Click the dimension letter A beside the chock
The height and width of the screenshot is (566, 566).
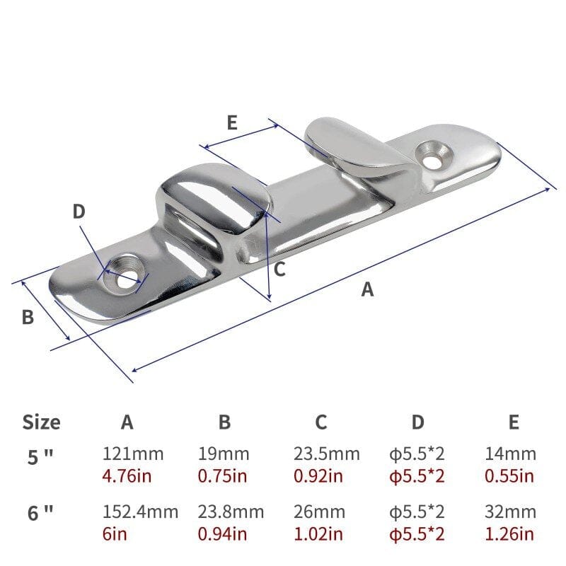pos(367,289)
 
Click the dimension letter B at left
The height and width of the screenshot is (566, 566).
pos(28,318)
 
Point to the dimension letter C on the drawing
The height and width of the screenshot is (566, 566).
pos(279,269)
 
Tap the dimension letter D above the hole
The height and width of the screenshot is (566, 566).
pos(79,211)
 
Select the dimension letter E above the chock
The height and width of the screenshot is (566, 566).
pos(232,122)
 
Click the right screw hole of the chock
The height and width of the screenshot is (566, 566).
pos(430,152)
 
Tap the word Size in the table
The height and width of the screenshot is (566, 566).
pos(41,422)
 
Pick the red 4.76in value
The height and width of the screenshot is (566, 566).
pos(127,475)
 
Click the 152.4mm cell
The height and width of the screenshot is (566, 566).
pos(140,511)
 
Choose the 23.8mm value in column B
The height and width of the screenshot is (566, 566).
pos(231,511)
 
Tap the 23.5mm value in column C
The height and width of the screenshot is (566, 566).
pos(326,454)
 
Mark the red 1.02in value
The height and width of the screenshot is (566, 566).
pos(318,533)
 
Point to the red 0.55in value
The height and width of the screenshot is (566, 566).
pos(509,475)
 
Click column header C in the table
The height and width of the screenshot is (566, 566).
pos(320,422)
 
